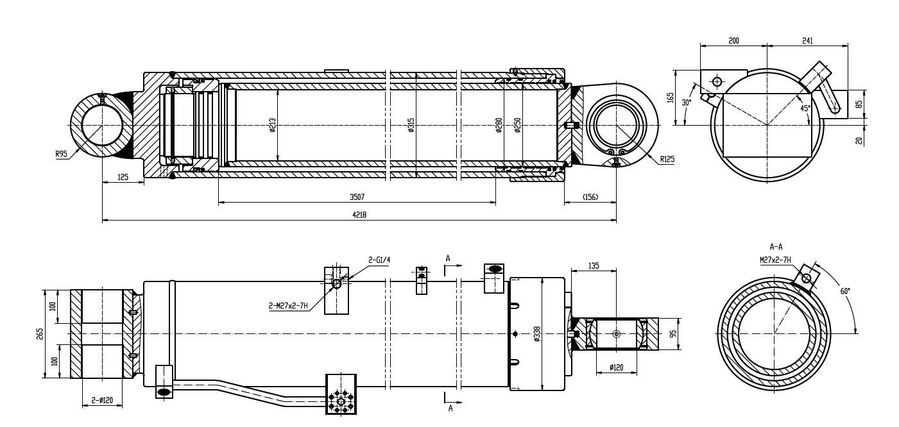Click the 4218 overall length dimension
tap(359, 215)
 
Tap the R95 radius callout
tap(62, 154)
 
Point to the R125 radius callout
tap(666, 158)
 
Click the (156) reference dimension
tap(590, 197)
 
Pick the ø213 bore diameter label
tap(273, 126)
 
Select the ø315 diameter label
tap(411, 126)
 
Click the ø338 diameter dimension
tap(537, 334)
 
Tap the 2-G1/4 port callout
tap(380, 260)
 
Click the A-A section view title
tap(775, 246)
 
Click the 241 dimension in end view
tap(807, 40)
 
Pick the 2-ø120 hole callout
tap(102, 400)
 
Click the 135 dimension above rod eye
tap(594, 265)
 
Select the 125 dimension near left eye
tap(123, 177)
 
